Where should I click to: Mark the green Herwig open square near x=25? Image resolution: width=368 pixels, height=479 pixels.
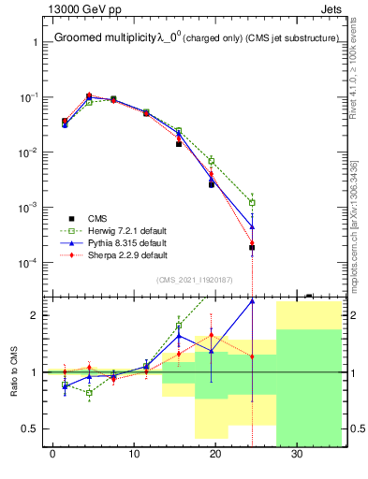pyautogui.click(x=252, y=202)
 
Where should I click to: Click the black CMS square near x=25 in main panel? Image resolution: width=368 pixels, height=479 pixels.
pyautogui.click(x=252, y=248)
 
